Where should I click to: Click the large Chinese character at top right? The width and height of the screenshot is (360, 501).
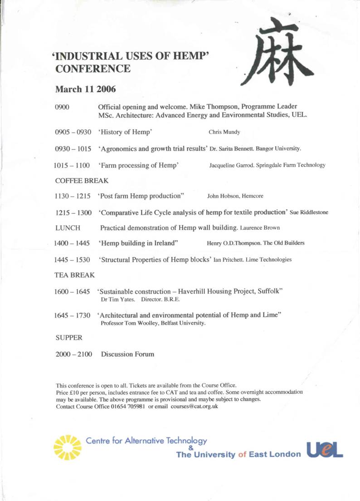277,52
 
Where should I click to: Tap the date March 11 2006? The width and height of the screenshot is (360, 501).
85,89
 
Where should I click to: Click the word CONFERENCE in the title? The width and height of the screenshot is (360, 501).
93,69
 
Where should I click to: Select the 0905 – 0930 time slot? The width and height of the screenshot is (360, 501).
73,133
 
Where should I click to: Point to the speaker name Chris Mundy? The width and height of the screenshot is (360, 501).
224,133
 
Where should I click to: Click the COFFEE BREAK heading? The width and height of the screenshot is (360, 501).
82,181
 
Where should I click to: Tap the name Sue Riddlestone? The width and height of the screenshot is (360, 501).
309,212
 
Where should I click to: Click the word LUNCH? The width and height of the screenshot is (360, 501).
68,227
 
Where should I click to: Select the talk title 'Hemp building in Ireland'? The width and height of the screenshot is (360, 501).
138,243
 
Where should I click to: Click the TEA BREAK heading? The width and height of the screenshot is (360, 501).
75,275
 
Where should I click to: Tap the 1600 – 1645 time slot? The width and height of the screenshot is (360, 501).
72,291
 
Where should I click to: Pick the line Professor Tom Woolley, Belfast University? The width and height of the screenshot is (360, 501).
153,324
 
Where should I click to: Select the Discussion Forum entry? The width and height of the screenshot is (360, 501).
127,354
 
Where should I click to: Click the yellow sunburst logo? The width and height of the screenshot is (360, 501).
68,447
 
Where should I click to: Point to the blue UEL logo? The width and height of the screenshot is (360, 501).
325,449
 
